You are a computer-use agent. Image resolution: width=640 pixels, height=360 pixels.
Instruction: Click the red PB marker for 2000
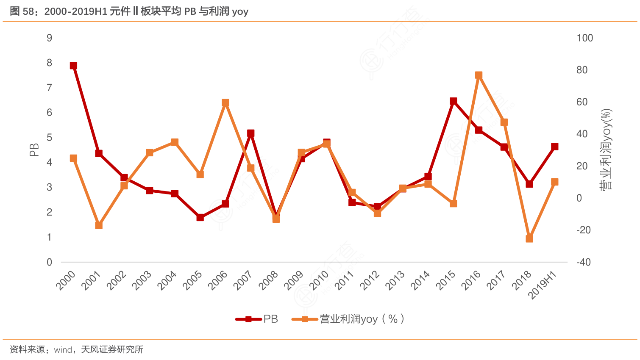tap(73, 66)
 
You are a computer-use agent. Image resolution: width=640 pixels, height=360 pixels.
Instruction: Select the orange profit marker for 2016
tap(479, 75)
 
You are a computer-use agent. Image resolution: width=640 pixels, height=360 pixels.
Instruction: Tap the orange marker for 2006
tap(225, 103)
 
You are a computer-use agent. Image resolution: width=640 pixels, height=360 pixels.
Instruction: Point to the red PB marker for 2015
tap(453, 101)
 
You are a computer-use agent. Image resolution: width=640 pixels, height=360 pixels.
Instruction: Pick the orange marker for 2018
tap(529, 239)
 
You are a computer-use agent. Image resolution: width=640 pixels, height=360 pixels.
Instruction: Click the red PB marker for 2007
tap(250, 133)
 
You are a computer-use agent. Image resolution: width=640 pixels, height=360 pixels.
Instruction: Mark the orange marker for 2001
tap(99, 225)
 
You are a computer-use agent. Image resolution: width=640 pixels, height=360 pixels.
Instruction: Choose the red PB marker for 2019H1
tap(554, 147)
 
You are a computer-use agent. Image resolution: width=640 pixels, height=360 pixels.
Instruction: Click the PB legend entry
tap(257, 319)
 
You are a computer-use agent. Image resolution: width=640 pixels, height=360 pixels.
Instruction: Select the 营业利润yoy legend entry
tap(348, 319)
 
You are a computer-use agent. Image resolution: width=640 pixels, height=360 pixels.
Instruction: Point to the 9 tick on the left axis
tap(50, 38)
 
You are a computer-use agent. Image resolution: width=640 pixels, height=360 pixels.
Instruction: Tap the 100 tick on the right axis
tap(584, 38)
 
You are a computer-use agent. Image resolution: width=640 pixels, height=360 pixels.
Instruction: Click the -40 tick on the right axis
tap(583, 262)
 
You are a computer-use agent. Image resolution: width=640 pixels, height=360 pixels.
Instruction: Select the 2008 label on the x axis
tap(269, 280)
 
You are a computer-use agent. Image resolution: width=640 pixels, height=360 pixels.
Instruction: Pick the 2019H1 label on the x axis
tap(543, 284)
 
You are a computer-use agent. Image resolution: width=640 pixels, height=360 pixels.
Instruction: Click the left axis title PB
tap(34, 150)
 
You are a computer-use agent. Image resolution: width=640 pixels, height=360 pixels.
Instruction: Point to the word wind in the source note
tap(63, 350)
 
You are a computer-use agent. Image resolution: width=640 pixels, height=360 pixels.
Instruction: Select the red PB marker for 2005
tap(200, 217)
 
